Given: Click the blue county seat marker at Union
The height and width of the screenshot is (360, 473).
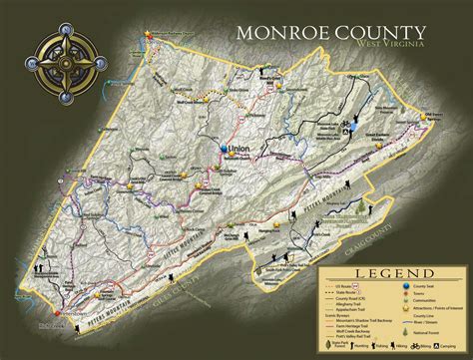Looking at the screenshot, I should click(224, 149).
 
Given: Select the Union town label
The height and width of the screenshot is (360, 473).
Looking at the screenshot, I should click(237, 147).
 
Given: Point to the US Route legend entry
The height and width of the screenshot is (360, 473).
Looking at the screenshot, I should click(344, 285).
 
